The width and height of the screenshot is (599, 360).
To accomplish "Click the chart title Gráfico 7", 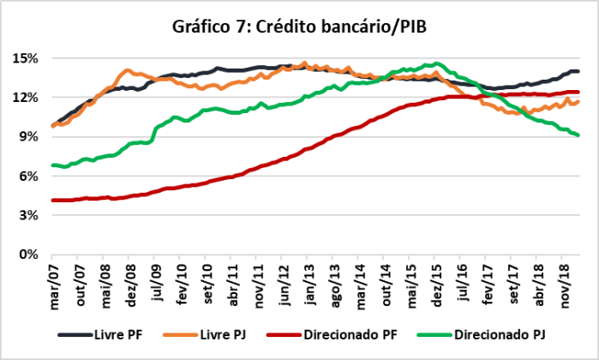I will [x=299, y=28].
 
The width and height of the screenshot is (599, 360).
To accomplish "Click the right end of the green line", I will [x=578, y=135].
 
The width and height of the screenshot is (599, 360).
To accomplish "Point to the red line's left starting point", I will [x=52, y=200].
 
